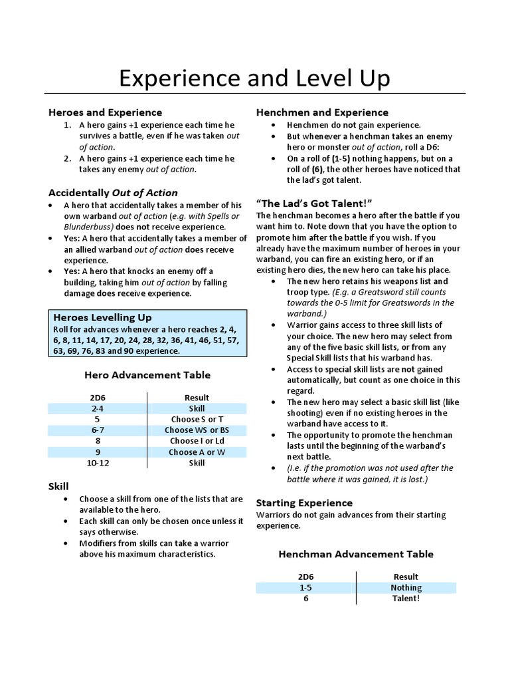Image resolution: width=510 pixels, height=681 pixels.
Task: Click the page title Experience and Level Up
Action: (254, 78)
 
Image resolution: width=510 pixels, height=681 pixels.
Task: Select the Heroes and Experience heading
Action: (105, 112)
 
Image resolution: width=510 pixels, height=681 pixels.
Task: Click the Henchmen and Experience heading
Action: (322, 112)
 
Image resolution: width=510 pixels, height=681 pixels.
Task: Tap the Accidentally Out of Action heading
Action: (113, 193)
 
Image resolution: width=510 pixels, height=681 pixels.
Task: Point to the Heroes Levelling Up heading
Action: (102, 317)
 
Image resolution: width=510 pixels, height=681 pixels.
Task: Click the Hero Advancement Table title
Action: (147, 375)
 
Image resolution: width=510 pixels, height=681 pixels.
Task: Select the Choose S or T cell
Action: (197, 420)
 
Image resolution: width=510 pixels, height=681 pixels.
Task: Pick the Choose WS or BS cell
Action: (197, 430)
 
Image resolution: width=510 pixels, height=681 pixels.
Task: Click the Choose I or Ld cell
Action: (197, 441)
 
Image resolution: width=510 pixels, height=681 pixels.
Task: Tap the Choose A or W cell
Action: (197, 452)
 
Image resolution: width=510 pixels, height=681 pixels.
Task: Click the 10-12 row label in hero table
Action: (97, 462)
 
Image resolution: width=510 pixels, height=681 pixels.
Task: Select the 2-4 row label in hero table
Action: (97, 408)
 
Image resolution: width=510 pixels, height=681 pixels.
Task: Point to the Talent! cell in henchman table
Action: (406, 598)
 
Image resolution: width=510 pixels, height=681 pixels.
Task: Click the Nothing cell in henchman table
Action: (406, 587)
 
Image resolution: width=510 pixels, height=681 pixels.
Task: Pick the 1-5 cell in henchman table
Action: (307, 587)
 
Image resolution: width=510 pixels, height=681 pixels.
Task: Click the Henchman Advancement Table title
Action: (356, 554)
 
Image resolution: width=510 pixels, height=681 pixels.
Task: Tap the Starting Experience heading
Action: (304, 503)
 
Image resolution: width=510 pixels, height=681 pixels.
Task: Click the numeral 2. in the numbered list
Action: (68, 158)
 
